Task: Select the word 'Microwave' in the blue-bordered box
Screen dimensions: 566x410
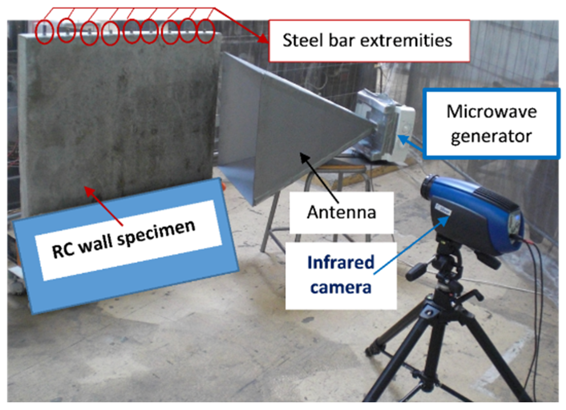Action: coord(492,112)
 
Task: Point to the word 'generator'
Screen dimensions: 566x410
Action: coord(491,137)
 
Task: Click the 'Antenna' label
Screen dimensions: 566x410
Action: coord(341,212)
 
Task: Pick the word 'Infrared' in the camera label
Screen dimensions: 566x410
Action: coord(341,263)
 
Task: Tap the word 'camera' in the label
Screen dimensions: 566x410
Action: coord(341,287)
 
